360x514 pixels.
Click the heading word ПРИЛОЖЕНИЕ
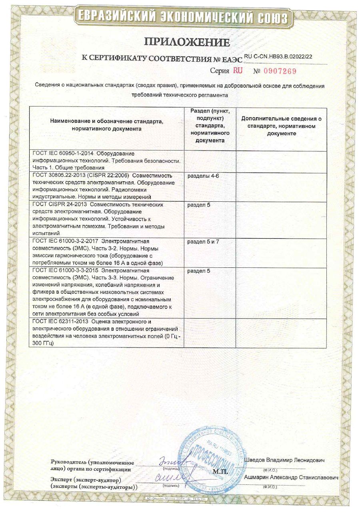coord(187,42)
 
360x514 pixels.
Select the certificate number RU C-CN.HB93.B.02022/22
coord(278,56)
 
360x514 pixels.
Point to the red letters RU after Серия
coord(238,71)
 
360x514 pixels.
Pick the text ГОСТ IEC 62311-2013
coord(60,321)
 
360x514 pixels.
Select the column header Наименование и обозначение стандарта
coord(106,125)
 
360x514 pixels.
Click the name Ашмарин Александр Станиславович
coord(291,478)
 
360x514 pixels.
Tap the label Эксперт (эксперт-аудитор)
coord(86,479)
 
